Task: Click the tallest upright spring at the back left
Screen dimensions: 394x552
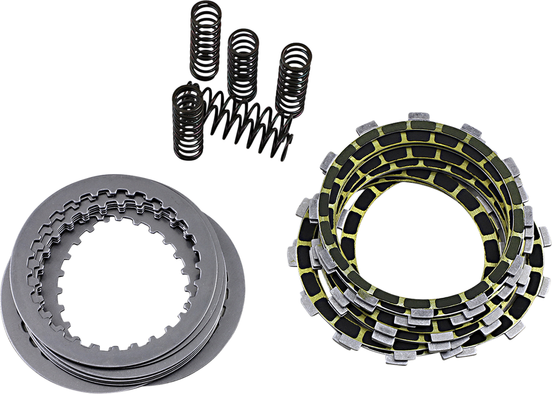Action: click(206, 41)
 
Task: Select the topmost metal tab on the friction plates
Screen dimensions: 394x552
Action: click(419, 117)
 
